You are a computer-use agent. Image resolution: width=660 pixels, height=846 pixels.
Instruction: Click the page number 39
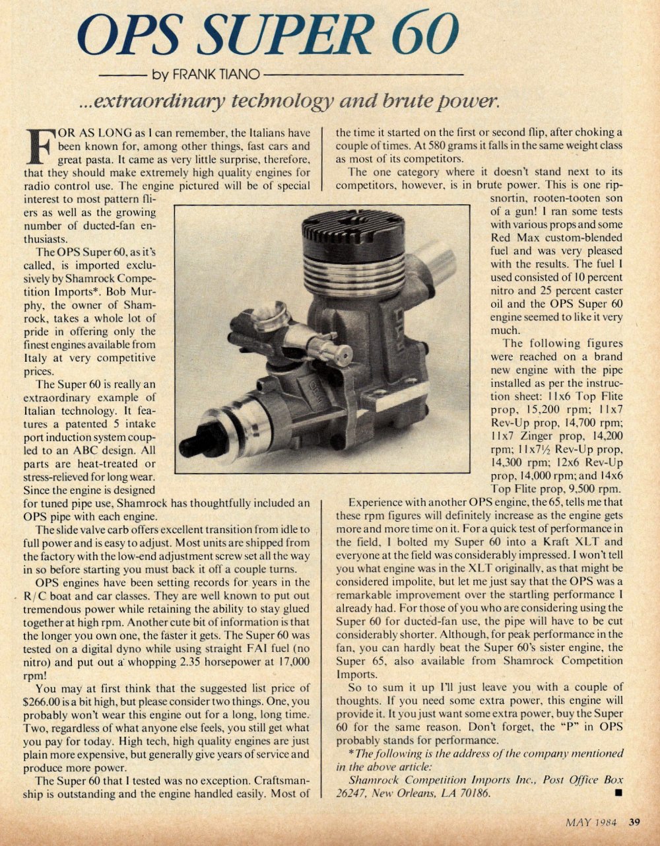(x=634, y=824)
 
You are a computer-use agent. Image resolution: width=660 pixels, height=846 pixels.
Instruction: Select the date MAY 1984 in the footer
(x=591, y=824)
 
